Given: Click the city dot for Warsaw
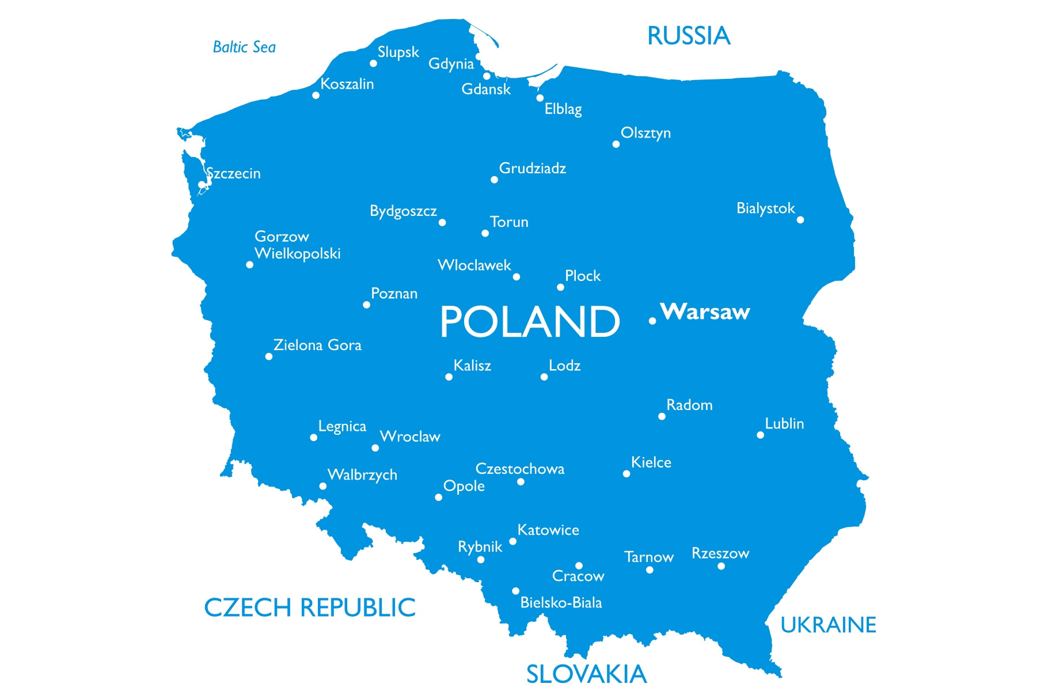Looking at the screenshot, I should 652,321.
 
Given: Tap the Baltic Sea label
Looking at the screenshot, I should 244,47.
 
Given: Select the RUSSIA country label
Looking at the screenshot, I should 689,36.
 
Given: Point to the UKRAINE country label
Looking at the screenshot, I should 828,625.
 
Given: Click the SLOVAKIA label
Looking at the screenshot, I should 586,674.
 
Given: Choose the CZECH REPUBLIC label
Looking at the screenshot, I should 310,607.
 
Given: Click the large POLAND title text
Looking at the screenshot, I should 530,322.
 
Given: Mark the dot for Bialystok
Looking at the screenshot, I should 800,219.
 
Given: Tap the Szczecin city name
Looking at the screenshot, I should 234,173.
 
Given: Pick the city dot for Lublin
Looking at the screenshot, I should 760,435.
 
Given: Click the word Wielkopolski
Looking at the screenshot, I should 298,253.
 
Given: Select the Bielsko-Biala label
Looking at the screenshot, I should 561,603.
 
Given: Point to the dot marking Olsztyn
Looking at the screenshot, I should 616,144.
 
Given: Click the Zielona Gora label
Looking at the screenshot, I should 317,345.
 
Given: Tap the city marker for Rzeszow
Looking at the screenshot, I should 721,566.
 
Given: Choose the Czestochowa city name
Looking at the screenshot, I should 520,469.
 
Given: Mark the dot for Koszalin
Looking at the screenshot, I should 316,95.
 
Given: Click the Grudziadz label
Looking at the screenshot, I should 533,169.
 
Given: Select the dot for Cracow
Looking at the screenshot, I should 579,565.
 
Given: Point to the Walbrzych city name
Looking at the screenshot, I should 362,475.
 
